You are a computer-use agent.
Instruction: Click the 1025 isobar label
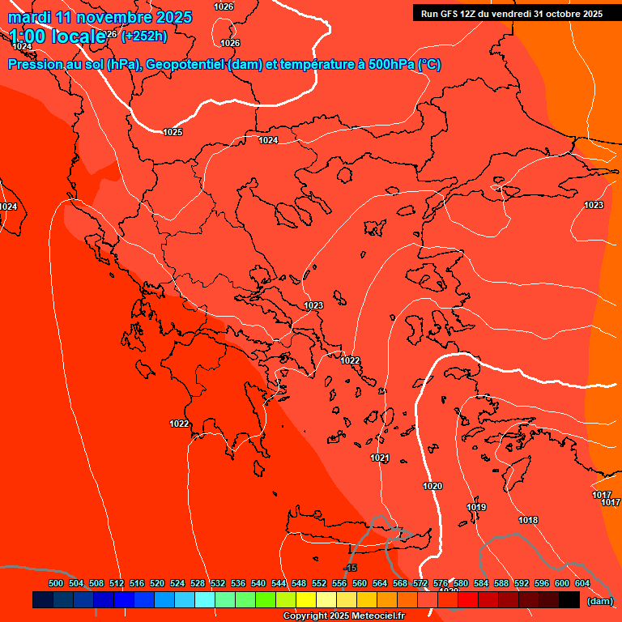(173, 132)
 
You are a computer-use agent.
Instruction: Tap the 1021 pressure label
(380, 458)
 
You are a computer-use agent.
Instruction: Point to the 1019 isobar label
(476, 507)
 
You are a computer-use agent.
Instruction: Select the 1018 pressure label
(528, 520)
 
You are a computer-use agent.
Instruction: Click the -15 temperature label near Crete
(350, 568)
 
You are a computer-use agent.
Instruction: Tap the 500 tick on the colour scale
(56, 583)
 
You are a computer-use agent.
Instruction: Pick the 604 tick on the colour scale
(582, 583)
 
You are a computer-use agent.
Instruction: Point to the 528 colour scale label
(198, 583)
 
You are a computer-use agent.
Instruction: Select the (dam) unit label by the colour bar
(599, 600)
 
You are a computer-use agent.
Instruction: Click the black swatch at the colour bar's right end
(569, 600)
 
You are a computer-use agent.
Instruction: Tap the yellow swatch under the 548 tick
(305, 600)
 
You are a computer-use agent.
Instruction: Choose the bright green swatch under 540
(265, 600)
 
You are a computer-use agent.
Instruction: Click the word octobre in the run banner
(564, 14)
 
